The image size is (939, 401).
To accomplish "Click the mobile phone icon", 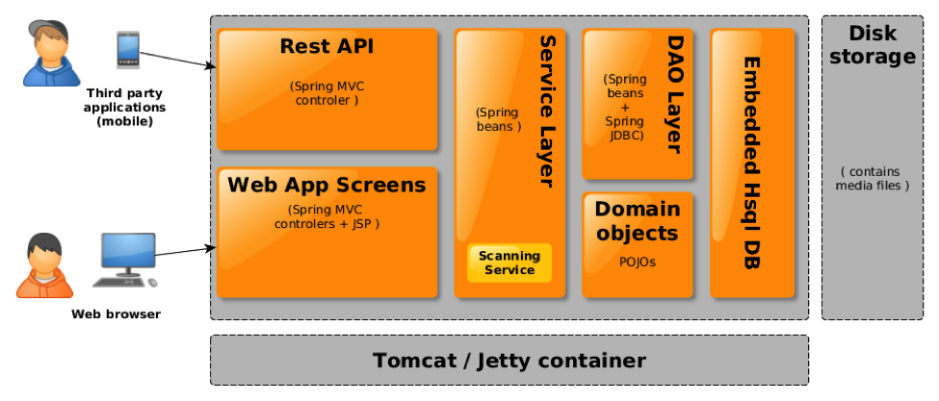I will pyautogui.click(x=127, y=50).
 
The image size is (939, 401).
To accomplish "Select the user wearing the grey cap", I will pyautogui.click(x=46, y=54).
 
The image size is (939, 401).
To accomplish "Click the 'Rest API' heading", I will pyautogui.click(x=326, y=46).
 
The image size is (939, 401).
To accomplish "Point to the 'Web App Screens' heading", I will pyautogui.click(x=326, y=185).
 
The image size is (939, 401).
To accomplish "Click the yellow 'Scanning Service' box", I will pyautogui.click(x=509, y=263).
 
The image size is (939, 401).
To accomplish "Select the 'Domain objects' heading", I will pyautogui.click(x=637, y=220).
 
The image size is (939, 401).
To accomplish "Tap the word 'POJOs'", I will pyautogui.click(x=637, y=261).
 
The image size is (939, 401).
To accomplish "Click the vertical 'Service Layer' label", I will pyautogui.click(x=546, y=111).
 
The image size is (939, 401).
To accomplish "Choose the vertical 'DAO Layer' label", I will pyautogui.click(x=673, y=93).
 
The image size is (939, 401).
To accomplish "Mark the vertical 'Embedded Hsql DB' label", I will pyautogui.click(x=752, y=163).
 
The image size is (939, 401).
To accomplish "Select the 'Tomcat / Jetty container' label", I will pyautogui.click(x=509, y=361).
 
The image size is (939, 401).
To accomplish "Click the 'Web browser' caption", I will pyautogui.click(x=116, y=313).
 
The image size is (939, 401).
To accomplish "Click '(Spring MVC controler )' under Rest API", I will pyautogui.click(x=326, y=92).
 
